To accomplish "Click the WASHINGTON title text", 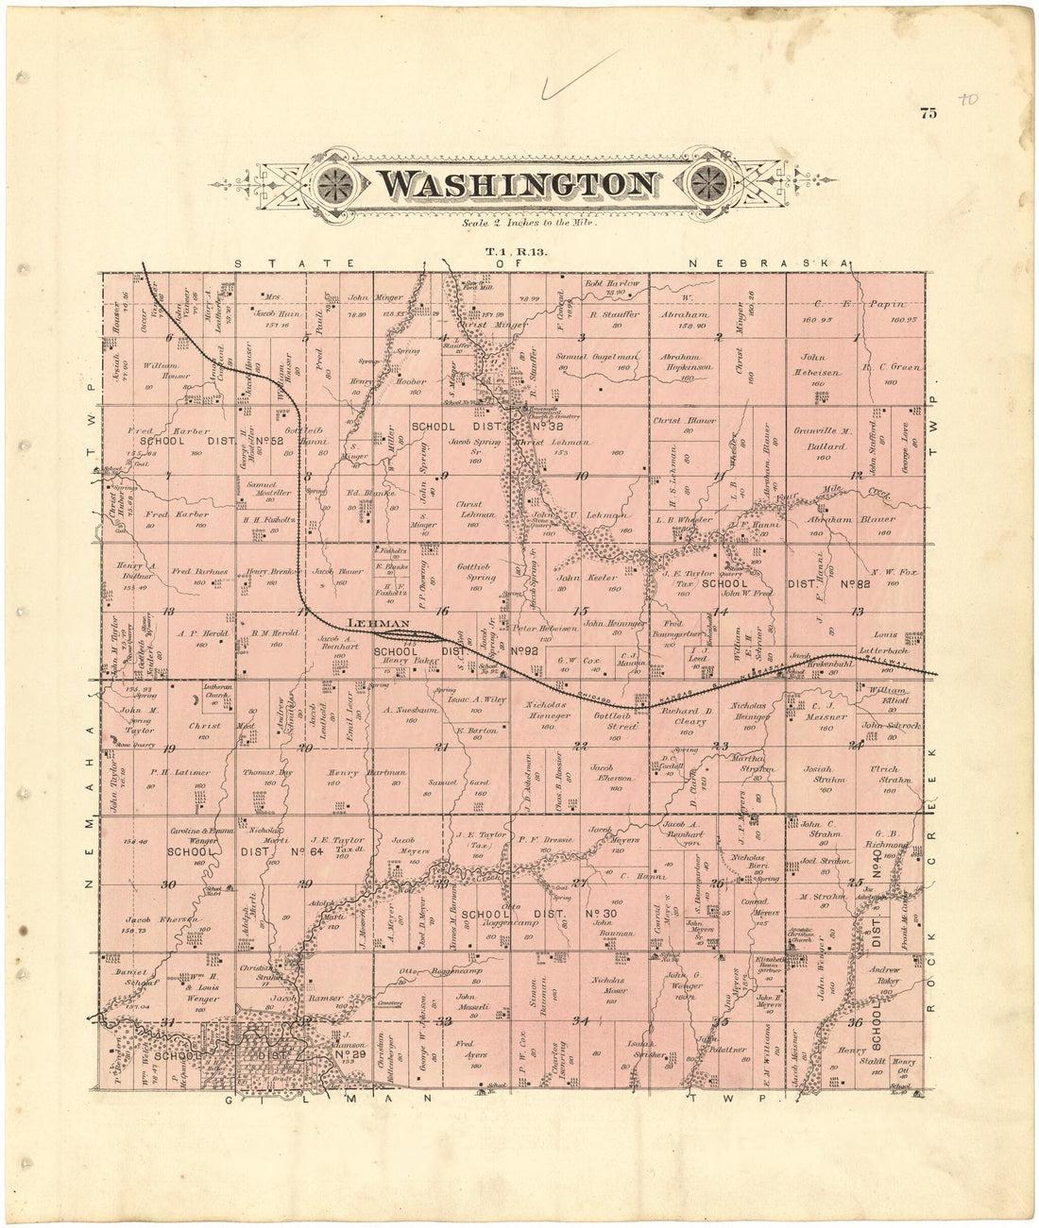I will tap(519, 184).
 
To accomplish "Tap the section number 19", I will tap(170, 749).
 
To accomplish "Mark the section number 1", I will tap(856, 337).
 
